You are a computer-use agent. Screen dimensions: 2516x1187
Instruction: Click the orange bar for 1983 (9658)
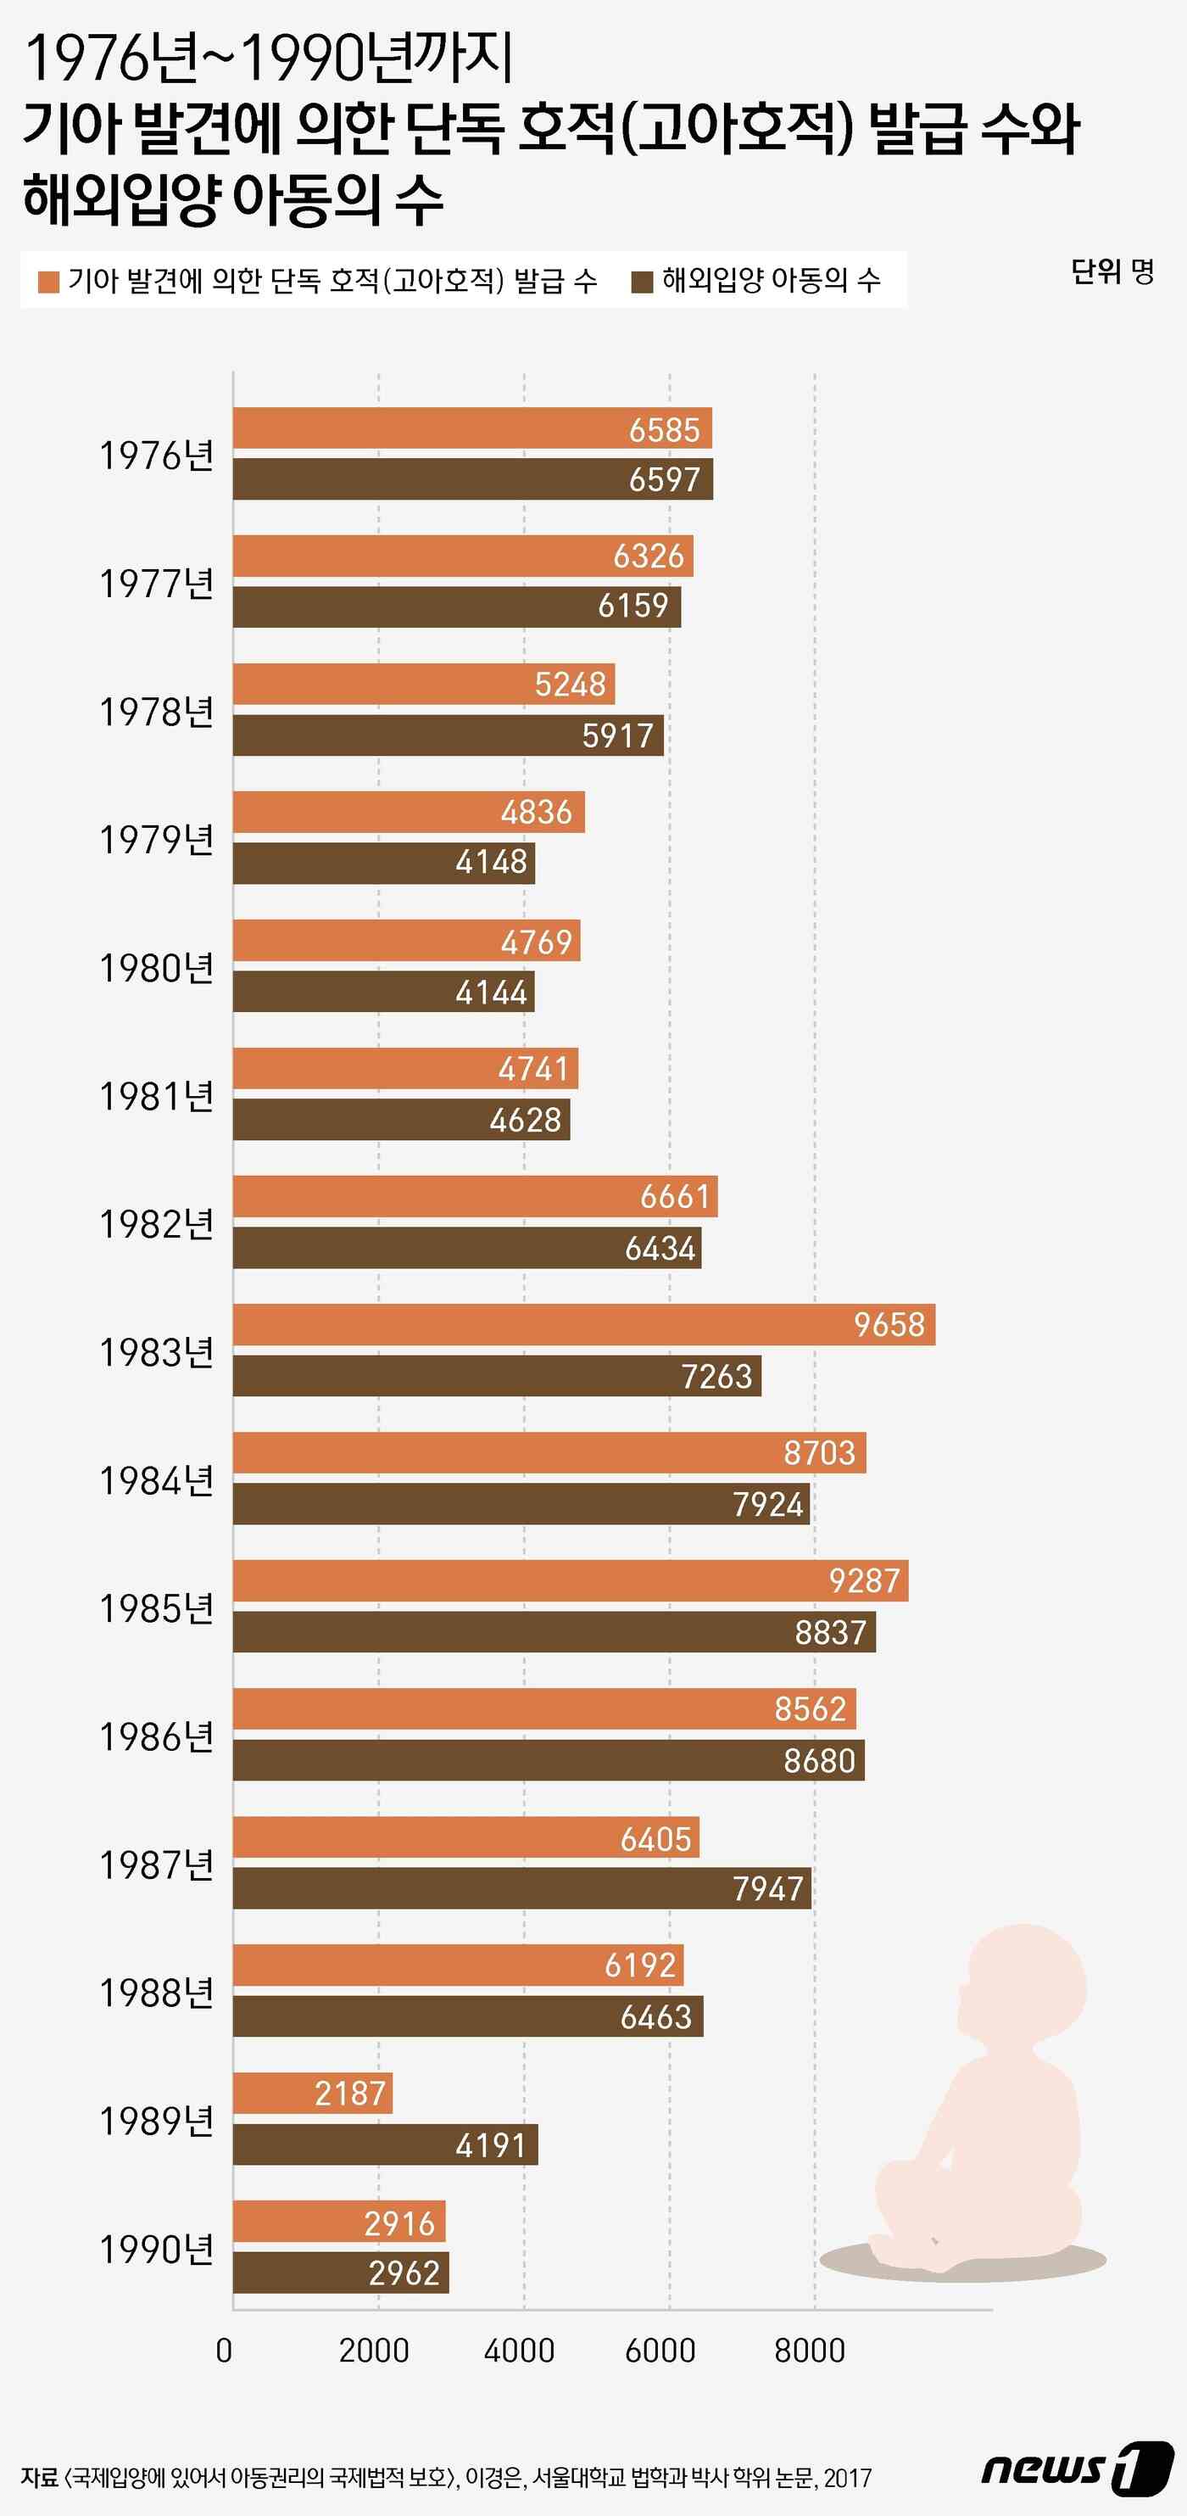(x=583, y=1324)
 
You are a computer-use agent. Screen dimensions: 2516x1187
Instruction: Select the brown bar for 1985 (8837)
(x=554, y=1632)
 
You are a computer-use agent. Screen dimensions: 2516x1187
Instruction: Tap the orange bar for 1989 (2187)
(x=312, y=2093)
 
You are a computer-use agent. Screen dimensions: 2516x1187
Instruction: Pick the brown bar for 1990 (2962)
(x=340, y=2273)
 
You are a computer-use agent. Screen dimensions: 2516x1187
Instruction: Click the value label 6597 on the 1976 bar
(x=664, y=479)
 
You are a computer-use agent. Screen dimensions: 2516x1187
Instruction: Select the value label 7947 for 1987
(x=767, y=1889)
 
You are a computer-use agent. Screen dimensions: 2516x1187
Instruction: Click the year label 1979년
(x=156, y=840)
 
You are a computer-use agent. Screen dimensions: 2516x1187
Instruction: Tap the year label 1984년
(x=156, y=1482)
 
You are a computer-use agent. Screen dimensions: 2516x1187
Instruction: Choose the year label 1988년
(x=156, y=1993)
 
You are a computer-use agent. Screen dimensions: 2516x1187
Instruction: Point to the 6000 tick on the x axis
(x=660, y=2351)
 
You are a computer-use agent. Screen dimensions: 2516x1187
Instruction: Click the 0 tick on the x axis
(x=224, y=2351)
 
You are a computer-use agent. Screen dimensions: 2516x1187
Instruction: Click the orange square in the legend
(x=47, y=282)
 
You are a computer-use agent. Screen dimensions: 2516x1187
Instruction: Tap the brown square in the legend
(x=641, y=282)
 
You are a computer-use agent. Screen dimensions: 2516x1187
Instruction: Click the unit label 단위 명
(x=1112, y=271)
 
